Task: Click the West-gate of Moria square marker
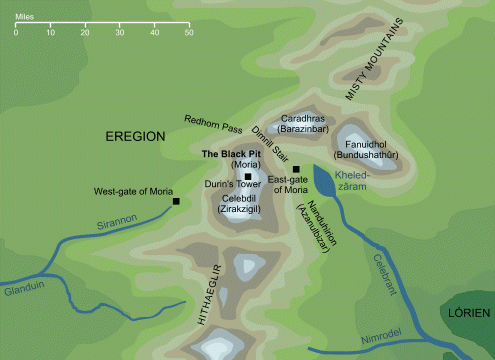176,202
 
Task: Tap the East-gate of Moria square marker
296,169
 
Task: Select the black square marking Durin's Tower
248,176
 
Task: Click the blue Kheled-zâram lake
325,181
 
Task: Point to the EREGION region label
138,136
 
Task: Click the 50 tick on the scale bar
188,33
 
